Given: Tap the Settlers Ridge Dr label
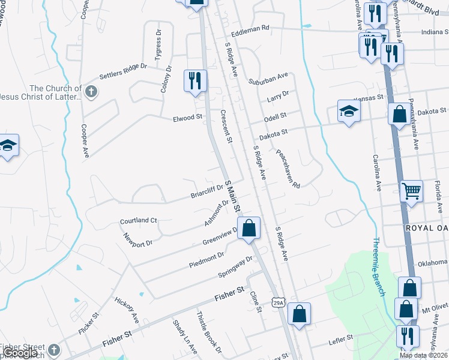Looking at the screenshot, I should (x=123, y=71).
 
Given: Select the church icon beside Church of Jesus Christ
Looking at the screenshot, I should (x=91, y=92).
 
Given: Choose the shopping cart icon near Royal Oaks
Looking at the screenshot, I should (x=412, y=191).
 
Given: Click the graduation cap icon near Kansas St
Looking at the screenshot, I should (x=349, y=111).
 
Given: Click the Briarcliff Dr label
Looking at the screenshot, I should (x=206, y=191).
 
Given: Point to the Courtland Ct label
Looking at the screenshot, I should (x=138, y=221).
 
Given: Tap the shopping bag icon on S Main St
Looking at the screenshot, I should (x=249, y=228).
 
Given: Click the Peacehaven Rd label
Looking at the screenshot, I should (x=288, y=169).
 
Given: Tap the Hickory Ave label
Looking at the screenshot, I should (x=127, y=310).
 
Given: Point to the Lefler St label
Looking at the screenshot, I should (x=340, y=340).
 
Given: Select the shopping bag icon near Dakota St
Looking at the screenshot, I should (x=399, y=114).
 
